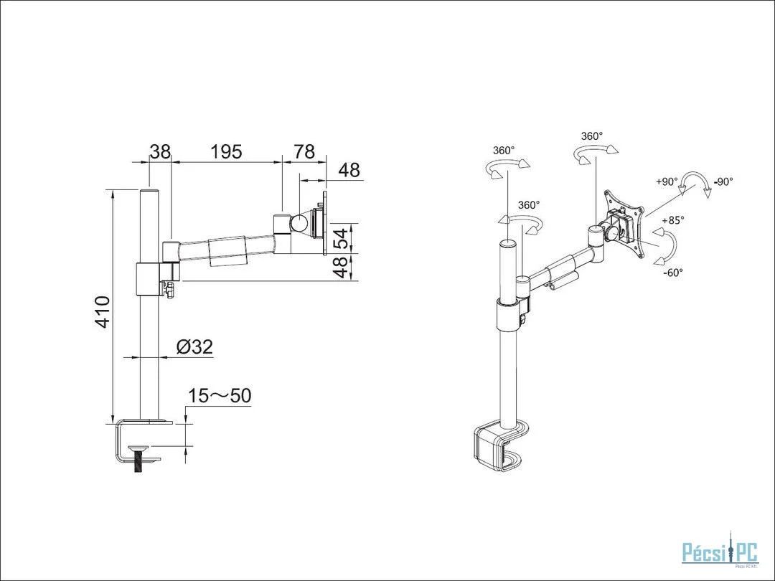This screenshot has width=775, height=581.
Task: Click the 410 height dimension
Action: [x=103, y=312]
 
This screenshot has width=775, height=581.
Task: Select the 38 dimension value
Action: [x=160, y=151]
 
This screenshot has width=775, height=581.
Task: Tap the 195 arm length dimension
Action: [x=226, y=151]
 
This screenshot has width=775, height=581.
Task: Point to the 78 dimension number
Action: [x=304, y=151]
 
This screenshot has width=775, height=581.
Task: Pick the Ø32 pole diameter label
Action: [x=194, y=347]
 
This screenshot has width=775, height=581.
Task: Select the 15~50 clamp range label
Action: [x=220, y=395]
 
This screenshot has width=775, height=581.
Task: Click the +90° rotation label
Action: [x=667, y=181]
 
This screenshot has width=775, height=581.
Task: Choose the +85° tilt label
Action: [x=673, y=220]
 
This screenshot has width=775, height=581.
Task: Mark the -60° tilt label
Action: [x=672, y=273]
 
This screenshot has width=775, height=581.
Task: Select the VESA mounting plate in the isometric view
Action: [x=625, y=223]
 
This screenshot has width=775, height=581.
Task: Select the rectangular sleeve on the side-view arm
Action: [x=227, y=252]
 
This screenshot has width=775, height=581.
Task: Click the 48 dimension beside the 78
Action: [x=349, y=170]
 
